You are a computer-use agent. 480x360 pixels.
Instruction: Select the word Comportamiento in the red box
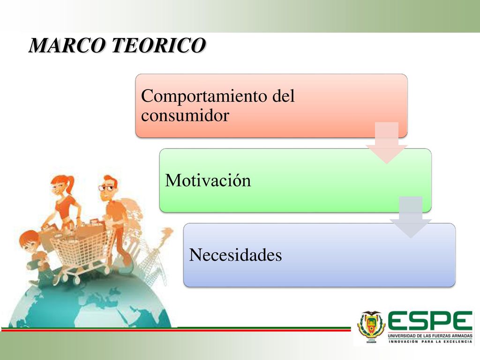click(204, 96)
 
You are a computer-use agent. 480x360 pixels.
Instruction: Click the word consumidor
click(185, 115)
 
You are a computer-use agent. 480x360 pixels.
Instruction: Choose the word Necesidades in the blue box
click(235, 255)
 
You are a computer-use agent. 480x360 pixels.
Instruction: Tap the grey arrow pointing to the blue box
click(411, 217)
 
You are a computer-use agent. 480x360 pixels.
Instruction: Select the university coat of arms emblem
click(372, 326)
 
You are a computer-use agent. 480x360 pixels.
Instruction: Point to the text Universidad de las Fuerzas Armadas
click(430, 336)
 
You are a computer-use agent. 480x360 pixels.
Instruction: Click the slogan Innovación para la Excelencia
click(430, 341)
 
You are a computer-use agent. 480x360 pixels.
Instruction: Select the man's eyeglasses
click(106, 187)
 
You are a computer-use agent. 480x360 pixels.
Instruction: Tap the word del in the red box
click(284, 96)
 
